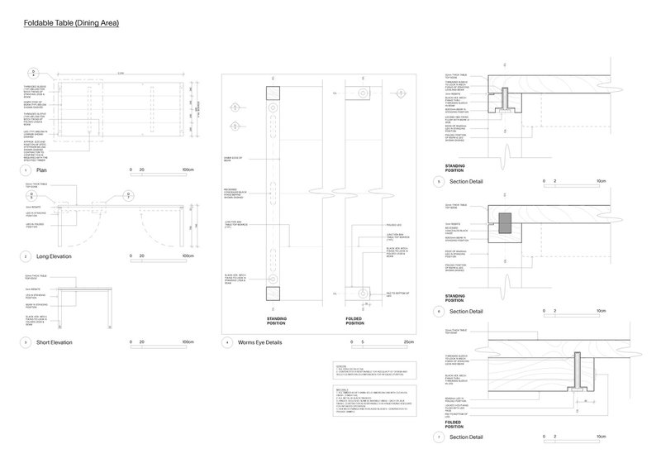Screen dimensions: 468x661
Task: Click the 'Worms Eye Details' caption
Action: (x=259, y=341)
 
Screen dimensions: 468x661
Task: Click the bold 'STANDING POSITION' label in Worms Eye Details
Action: (x=275, y=319)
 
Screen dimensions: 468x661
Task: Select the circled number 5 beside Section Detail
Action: (x=440, y=180)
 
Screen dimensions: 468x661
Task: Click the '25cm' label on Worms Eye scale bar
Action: (x=407, y=341)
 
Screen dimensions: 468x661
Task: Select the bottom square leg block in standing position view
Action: (x=274, y=293)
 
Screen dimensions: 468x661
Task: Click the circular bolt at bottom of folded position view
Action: (x=360, y=293)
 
